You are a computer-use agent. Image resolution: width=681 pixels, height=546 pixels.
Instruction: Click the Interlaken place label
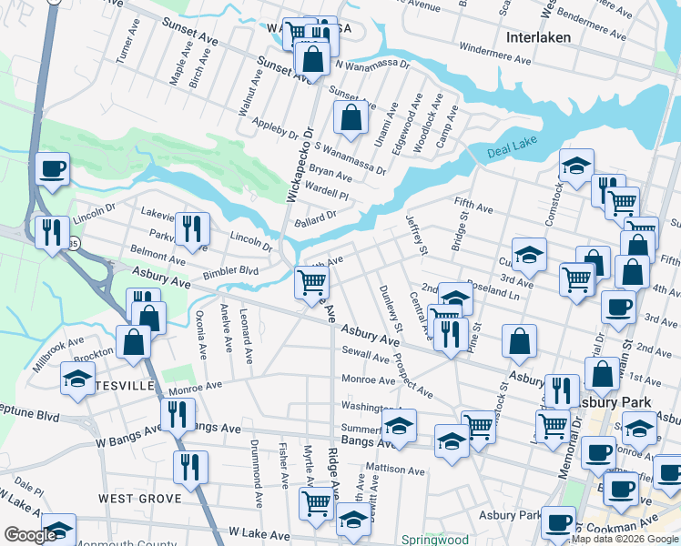pyautogui.click(x=539, y=37)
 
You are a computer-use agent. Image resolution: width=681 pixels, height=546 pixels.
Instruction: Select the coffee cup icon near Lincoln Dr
pyautogui.click(x=53, y=169)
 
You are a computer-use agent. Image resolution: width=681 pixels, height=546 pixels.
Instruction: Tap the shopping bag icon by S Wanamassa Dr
pyautogui.click(x=351, y=117)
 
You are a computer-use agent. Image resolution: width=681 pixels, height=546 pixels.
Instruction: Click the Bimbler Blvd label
pyautogui.click(x=231, y=271)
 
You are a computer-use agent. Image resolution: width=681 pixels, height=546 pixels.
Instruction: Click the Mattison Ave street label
pyautogui.click(x=394, y=471)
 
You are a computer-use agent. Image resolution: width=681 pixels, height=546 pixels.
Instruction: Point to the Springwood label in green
pyautogui.click(x=435, y=540)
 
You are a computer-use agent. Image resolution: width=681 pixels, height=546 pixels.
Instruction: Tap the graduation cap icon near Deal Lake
pyautogui.click(x=576, y=166)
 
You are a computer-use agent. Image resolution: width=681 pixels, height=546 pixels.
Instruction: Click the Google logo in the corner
pyautogui.click(x=31, y=535)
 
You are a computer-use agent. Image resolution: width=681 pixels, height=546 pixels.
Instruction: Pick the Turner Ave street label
pyautogui.click(x=124, y=67)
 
